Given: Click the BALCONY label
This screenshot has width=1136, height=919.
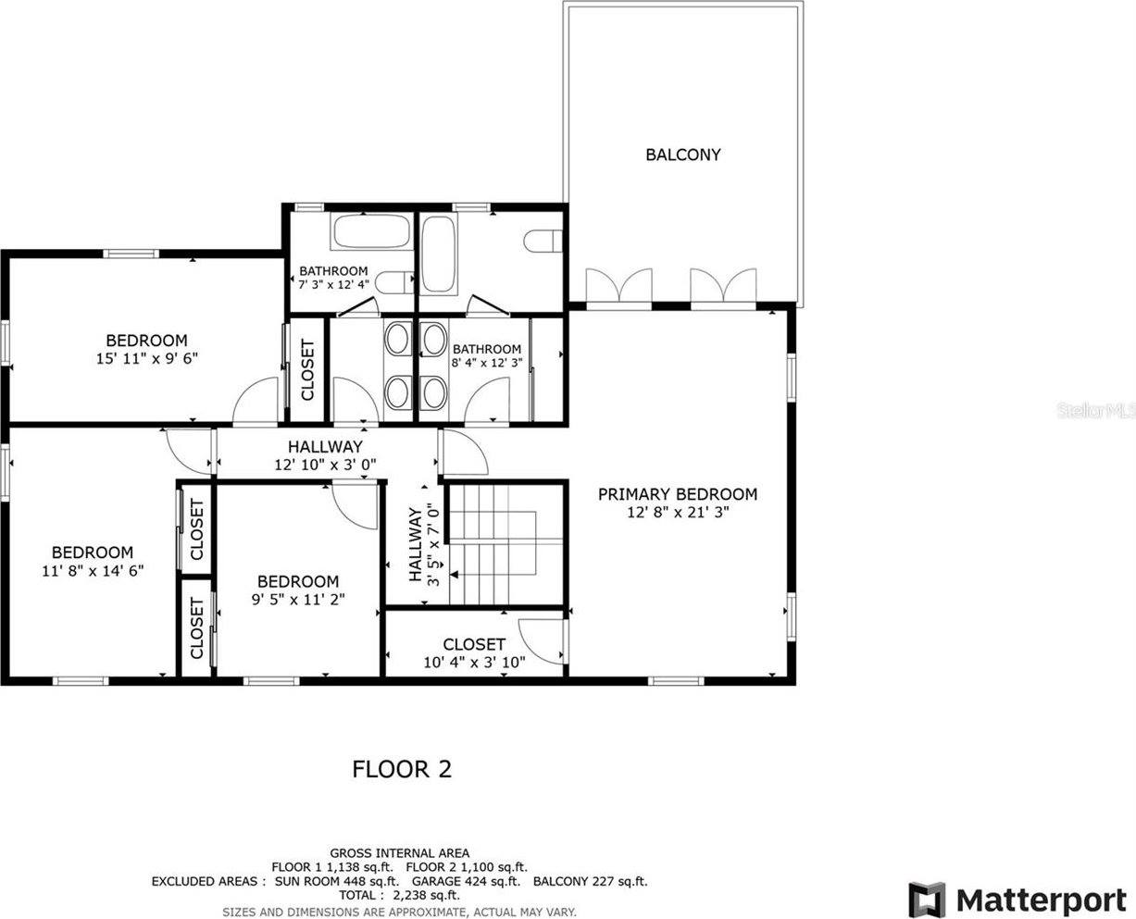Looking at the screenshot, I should (682, 155).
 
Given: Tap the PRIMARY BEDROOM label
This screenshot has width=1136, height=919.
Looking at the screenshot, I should (677, 494).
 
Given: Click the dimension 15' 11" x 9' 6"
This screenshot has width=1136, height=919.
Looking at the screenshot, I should (146, 357).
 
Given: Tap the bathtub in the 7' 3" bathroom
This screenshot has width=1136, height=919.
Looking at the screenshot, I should (370, 231).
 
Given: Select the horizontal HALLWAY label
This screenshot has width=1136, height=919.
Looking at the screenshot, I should (324, 447).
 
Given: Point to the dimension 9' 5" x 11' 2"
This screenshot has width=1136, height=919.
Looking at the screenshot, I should (297, 599).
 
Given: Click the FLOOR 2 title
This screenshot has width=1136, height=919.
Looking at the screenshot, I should (402, 769).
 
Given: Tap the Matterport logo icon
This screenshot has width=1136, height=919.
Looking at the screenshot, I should (927, 899).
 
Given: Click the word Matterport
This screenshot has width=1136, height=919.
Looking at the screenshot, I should (1041, 900).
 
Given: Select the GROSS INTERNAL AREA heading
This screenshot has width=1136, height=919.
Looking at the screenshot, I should (399, 853).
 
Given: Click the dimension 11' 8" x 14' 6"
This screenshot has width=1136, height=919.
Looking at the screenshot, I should (92, 570).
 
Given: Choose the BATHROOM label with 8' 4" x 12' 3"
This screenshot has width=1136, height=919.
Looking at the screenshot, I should (486, 349).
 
